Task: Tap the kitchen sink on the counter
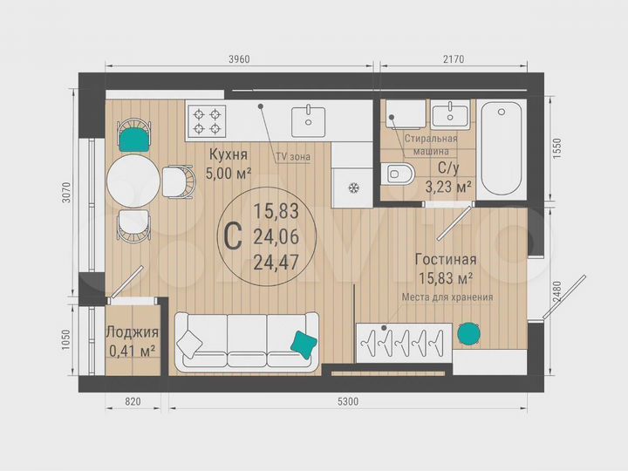pos(307,117)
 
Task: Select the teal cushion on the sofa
pos(303,344)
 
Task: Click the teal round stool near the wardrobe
pos(468,332)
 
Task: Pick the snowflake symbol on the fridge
pos(354,188)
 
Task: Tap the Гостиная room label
pos(445,259)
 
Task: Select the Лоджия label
pos(132,332)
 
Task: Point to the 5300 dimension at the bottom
pos(348,401)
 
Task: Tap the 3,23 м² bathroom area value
pos(448,185)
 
